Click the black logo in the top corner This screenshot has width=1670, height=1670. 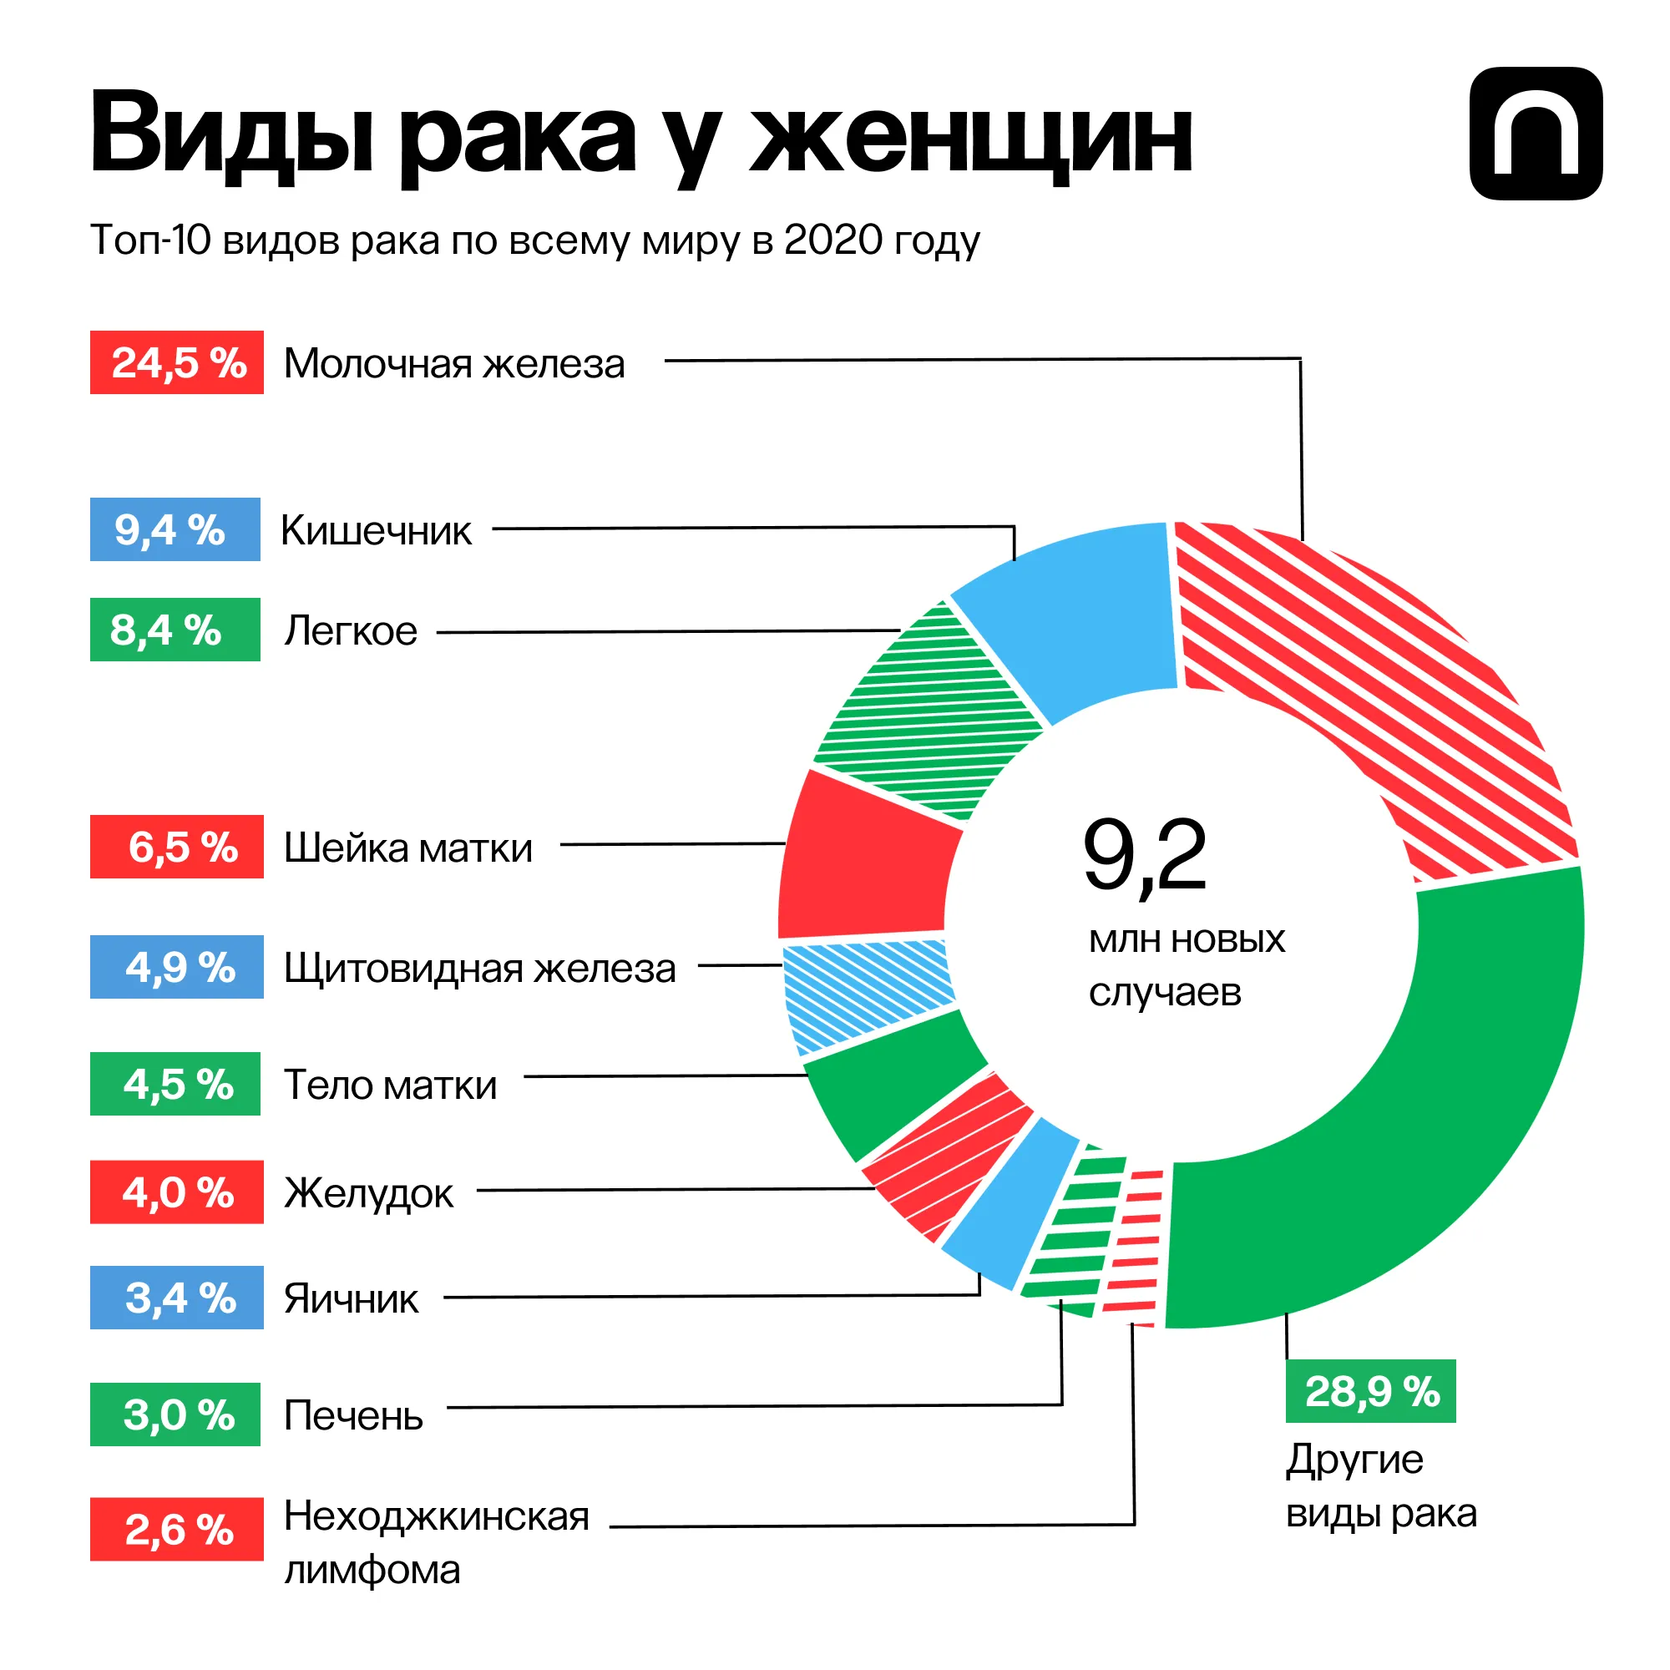1536,134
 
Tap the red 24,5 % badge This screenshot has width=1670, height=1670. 176,362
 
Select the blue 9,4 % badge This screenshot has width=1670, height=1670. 175,529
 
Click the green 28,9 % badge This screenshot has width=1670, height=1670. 1370,1391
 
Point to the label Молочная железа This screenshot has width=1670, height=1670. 453,364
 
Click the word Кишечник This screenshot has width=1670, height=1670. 376,531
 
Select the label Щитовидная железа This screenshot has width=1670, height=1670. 480,968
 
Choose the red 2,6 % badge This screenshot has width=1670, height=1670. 176,1529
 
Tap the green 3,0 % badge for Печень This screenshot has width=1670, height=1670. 175,1414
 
